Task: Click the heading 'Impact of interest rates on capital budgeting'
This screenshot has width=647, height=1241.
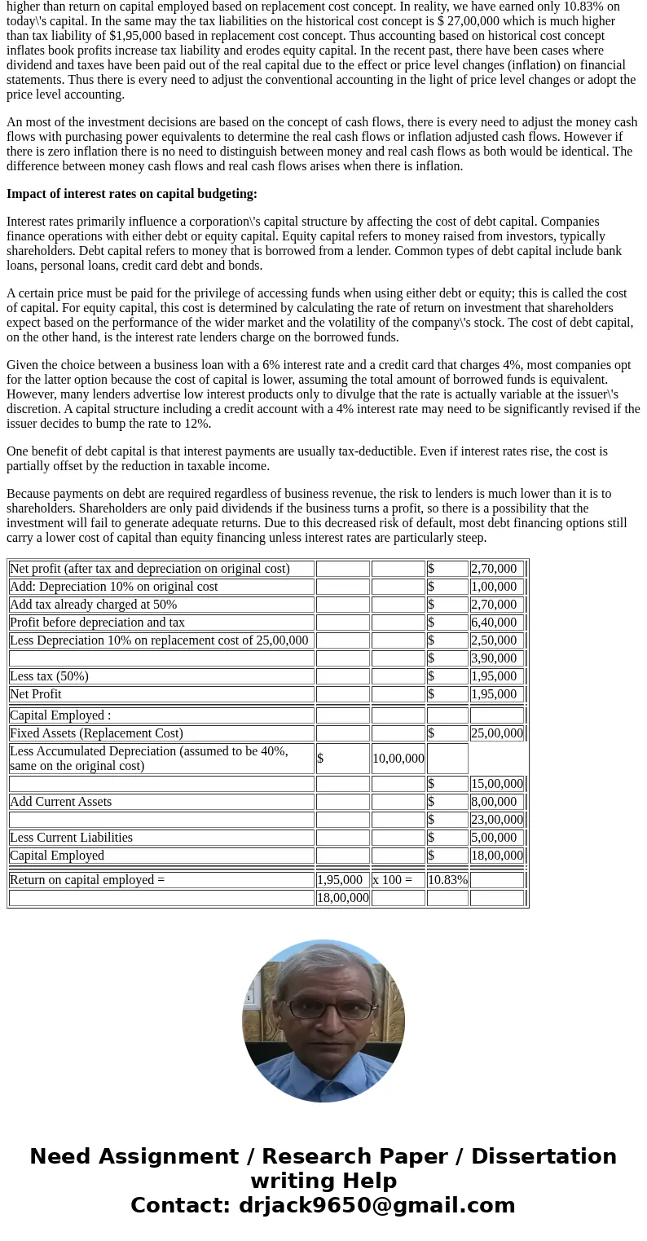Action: coord(132,194)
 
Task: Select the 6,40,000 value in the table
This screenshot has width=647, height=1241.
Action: coord(494,623)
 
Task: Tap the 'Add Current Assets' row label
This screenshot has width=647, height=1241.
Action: coord(61,802)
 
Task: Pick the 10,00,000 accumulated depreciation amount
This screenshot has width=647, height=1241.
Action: coord(398,759)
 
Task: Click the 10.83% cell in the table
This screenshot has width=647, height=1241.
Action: coord(447,880)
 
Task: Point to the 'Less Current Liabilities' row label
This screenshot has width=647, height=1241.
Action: coord(71,838)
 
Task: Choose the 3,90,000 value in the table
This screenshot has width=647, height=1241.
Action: coord(494,658)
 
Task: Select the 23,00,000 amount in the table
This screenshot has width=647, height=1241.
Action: coord(496,820)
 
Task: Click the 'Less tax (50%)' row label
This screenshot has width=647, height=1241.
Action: coord(49,676)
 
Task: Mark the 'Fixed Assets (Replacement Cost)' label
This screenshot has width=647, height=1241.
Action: coord(96,733)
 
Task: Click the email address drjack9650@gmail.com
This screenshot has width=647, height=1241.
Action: coord(376,1205)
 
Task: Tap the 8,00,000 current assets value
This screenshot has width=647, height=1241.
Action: coord(494,802)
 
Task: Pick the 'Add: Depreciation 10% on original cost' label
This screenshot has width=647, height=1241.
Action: coord(114,587)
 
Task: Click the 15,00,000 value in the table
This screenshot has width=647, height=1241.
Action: coord(496,784)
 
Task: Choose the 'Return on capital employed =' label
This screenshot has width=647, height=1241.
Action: coord(87,880)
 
